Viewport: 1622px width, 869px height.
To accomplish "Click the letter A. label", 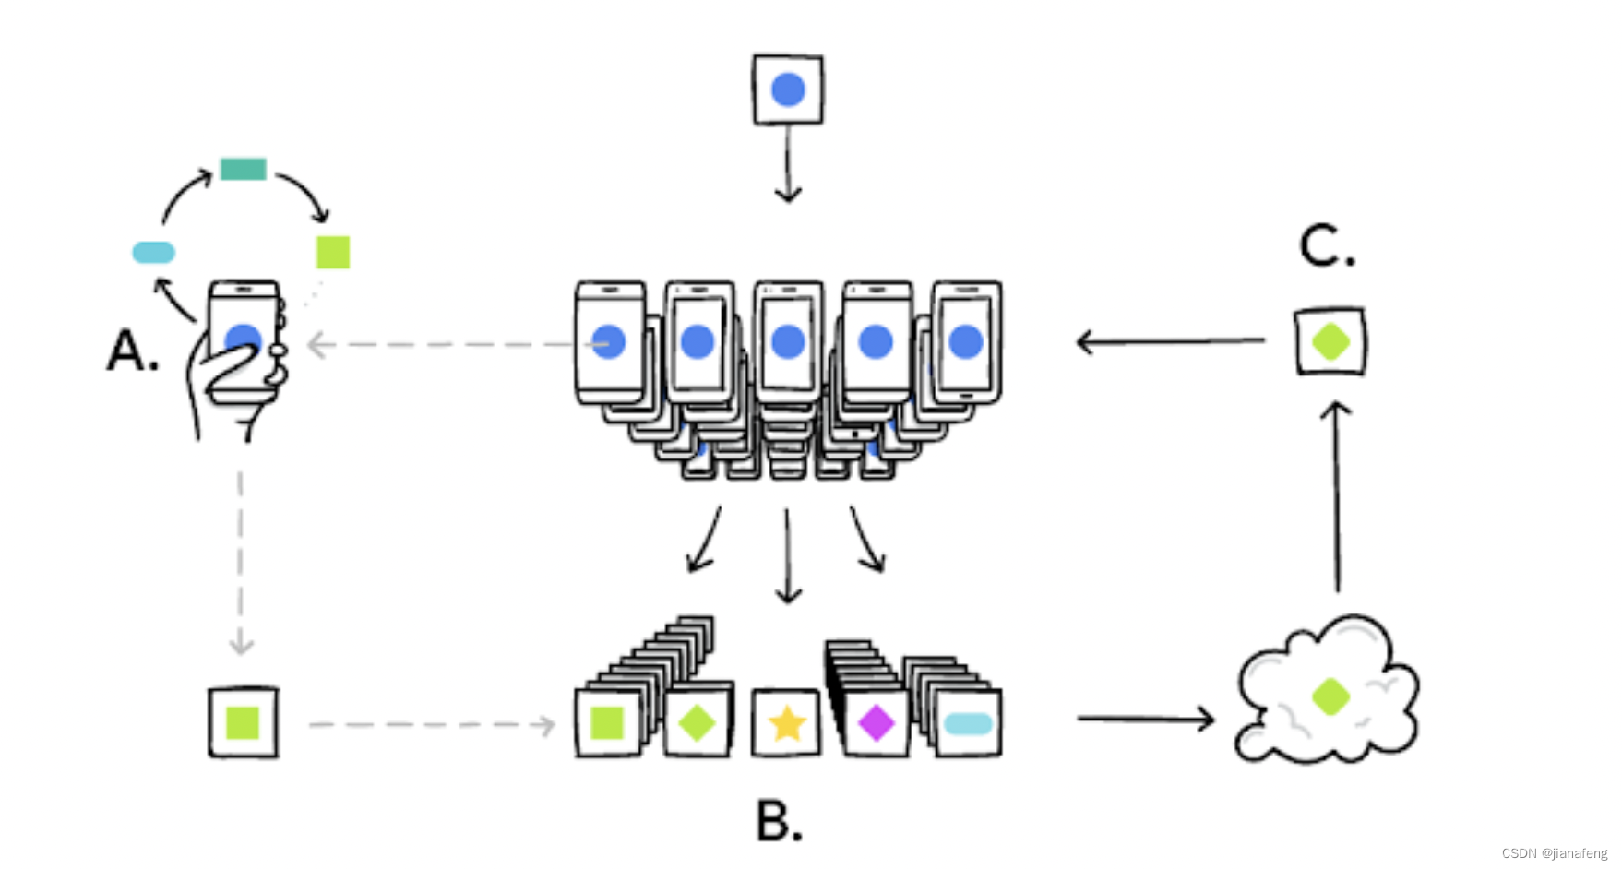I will (x=133, y=351).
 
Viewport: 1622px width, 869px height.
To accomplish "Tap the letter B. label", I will (x=779, y=820).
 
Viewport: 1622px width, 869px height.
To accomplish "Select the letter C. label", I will (x=1327, y=247).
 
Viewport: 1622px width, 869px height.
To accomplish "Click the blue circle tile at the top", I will (x=788, y=89).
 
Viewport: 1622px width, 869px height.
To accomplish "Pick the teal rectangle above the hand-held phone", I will (x=244, y=169).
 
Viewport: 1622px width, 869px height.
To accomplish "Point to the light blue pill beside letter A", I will (x=153, y=252).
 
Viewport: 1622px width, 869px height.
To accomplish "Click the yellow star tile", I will (x=787, y=723).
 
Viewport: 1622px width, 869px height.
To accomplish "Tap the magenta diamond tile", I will (x=876, y=723).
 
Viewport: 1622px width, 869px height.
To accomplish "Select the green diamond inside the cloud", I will (x=1330, y=696).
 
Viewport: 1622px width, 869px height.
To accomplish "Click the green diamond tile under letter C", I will (x=1330, y=341).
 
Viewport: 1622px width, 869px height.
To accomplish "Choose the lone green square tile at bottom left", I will (x=243, y=723).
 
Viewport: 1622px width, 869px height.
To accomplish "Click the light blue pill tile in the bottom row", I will (x=968, y=724).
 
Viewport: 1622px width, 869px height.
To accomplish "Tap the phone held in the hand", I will (x=244, y=339).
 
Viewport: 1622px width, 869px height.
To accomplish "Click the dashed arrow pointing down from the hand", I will (x=241, y=563).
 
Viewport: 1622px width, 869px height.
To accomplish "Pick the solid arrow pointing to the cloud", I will (x=1145, y=718).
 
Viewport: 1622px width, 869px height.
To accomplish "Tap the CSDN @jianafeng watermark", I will (x=1554, y=853).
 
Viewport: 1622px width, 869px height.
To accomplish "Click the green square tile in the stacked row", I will (x=607, y=723).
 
